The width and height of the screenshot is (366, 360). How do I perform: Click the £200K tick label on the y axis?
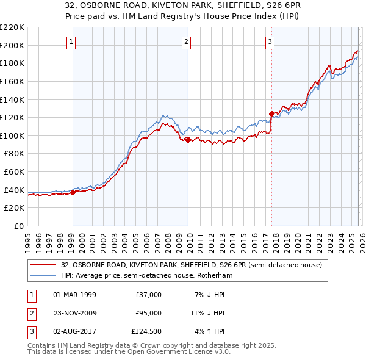tap(12, 45)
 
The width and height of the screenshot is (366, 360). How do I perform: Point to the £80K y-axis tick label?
tap(14, 154)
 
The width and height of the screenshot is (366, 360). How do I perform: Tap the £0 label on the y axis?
tap(19, 226)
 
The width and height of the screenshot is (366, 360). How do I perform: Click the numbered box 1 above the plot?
tap(72, 42)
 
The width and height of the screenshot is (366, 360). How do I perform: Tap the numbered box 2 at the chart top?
tap(186, 42)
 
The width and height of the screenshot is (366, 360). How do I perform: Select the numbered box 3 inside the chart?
tap(270, 42)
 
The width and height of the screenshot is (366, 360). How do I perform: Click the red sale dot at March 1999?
tap(73, 192)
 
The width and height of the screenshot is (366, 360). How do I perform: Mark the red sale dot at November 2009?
tap(188, 140)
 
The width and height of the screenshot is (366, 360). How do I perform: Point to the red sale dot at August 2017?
tap(271, 113)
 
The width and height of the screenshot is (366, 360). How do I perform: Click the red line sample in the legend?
tap(43, 265)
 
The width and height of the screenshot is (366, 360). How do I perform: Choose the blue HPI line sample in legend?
tap(43, 276)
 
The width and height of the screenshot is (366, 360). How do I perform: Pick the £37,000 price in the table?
tap(148, 295)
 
